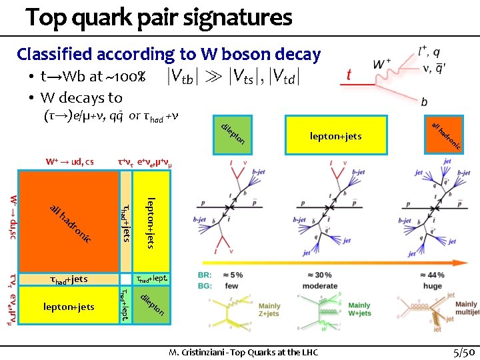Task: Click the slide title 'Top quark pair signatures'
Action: point(159,17)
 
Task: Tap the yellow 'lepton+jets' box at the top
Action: point(335,136)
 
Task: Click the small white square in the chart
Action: point(125,279)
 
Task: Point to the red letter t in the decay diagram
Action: point(349,75)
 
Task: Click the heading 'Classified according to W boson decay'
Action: point(169,54)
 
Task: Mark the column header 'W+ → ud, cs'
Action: point(69,161)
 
